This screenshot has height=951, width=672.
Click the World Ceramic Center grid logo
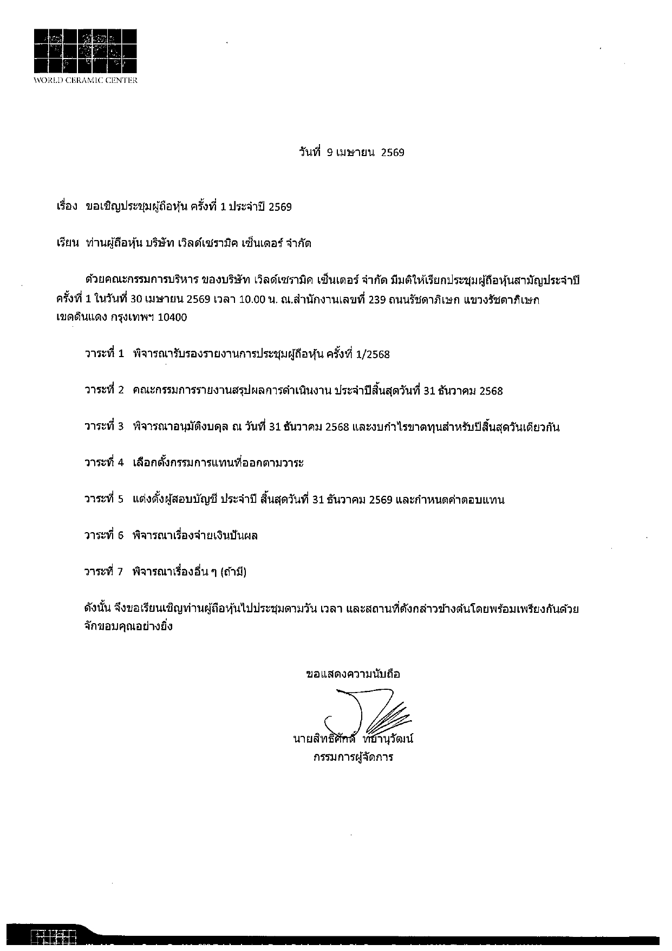point(86,50)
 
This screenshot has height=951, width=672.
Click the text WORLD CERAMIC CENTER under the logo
point(86,81)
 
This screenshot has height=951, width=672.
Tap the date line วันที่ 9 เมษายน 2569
point(351,152)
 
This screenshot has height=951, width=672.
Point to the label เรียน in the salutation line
point(68,243)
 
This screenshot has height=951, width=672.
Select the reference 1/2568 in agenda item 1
point(371,354)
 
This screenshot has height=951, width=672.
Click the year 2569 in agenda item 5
point(380,500)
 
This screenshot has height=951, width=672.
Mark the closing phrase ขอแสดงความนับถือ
point(353,674)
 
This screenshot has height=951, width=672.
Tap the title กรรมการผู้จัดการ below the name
point(353,757)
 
